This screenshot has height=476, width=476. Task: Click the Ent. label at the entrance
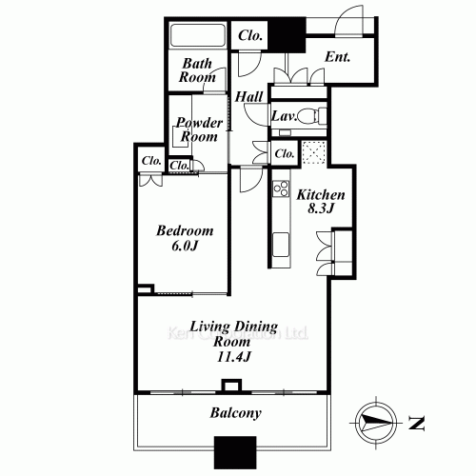point(338,57)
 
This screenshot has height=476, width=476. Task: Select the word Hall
point(249,96)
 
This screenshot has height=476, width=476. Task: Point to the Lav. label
point(284,116)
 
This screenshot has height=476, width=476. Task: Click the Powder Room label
point(198,129)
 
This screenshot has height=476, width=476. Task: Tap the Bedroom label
point(185,231)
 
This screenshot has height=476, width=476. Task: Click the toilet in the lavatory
point(317,116)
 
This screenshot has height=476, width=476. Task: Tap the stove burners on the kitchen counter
point(281,190)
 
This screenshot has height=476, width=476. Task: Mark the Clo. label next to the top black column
point(251,35)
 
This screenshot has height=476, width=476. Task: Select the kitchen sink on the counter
point(282,245)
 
